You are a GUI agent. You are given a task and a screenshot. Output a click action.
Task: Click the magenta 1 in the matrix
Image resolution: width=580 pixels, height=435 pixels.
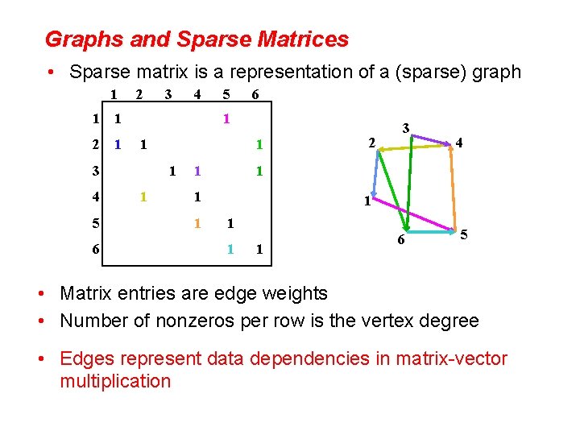tap(227, 119)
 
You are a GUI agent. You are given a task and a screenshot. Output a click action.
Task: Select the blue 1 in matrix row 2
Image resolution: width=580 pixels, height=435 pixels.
tap(118, 146)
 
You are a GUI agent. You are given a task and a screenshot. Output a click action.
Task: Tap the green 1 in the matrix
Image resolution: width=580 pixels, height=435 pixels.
tap(259, 146)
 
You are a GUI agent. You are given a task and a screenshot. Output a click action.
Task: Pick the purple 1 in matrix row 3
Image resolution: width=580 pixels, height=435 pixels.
tap(197, 172)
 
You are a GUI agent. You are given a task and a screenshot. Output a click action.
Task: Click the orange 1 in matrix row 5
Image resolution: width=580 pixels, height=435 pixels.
tap(197, 223)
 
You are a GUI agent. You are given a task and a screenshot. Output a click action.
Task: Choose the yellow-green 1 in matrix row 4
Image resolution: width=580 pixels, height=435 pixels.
tap(143, 197)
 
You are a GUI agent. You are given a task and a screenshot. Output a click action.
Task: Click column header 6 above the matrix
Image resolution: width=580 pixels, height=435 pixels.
tap(255, 95)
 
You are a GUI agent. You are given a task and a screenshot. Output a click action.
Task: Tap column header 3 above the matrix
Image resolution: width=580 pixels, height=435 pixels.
tap(168, 95)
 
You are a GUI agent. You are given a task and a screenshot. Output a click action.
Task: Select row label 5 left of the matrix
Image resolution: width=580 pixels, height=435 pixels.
tap(96, 223)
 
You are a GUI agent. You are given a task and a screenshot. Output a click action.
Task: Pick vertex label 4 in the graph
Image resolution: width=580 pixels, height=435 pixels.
tap(459, 143)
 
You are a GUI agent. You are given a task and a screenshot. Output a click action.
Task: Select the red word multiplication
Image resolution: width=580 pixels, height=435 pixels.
tap(115, 381)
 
